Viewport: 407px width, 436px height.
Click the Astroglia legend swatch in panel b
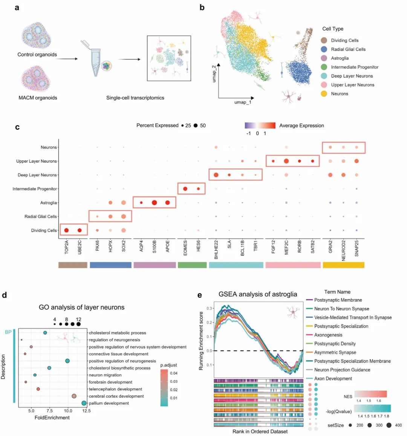click(x=324, y=58)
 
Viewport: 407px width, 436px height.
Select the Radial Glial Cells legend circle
click(x=324, y=49)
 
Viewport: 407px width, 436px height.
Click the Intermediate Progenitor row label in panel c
click(x=35, y=189)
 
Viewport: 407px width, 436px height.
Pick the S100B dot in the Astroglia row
click(x=154, y=203)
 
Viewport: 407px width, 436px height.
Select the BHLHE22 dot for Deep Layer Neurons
click(x=216, y=175)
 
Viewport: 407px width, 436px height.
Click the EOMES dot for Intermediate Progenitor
click(x=185, y=189)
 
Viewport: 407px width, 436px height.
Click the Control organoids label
click(x=37, y=55)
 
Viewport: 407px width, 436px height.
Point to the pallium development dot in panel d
click(x=84, y=403)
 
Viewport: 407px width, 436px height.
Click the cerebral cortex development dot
click(x=74, y=396)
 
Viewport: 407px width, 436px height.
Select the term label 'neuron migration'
click(x=105, y=375)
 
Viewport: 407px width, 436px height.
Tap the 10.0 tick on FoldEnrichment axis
click(x=68, y=411)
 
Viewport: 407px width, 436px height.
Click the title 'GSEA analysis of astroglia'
click(x=258, y=294)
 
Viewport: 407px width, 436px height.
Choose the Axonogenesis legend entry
click(x=328, y=335)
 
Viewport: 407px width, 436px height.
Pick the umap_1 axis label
click(x=243, y=102)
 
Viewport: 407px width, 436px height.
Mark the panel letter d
click(x=5, y=295)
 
